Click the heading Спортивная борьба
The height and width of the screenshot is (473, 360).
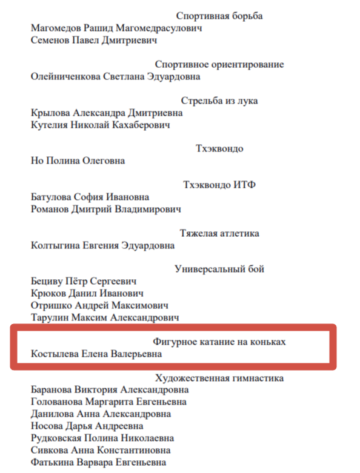[x=219, y=16]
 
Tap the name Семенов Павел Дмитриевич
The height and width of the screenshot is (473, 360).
[x=93, y=40]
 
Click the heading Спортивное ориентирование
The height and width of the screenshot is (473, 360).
[x=219, y=65]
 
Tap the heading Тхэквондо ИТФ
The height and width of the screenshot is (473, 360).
[x=219, y=185]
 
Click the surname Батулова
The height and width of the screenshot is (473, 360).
[x=51, y=197]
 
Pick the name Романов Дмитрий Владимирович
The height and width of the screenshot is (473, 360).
[x=105, y=209]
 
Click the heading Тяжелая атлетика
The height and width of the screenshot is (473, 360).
[x=219, y=233]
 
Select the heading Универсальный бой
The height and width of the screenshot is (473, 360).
[x=219, y=269]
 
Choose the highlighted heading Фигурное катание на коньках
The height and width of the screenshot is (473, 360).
[x=219, y=342]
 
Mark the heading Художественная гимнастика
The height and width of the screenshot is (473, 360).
[x=219, y=379]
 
